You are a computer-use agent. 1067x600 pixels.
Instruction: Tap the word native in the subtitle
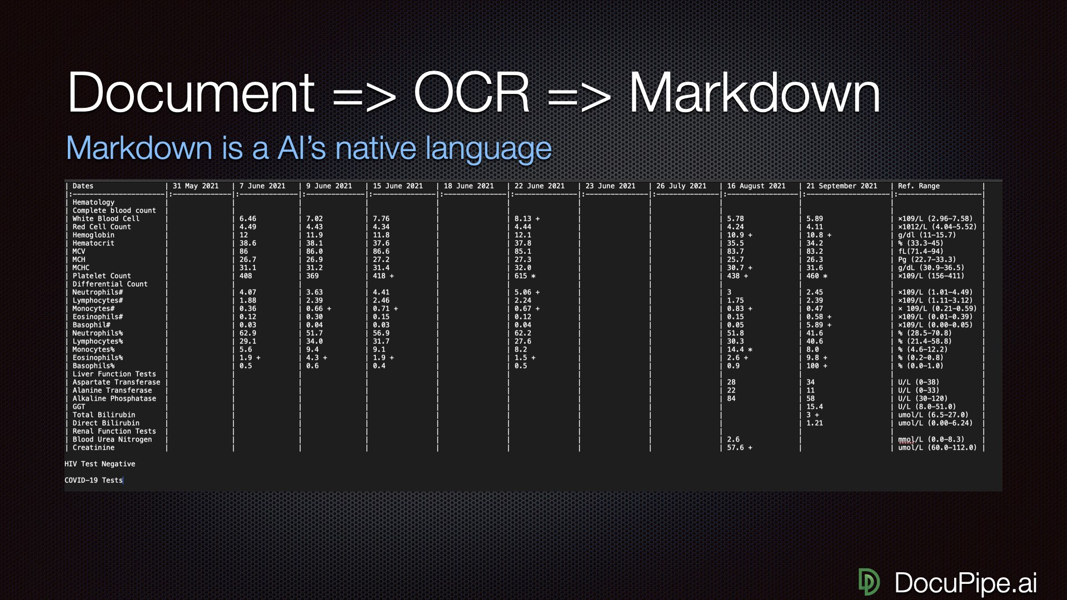(376, 148)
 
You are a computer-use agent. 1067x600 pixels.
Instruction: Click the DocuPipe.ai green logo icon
(869, 582)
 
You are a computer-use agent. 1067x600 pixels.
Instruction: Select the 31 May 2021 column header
(196, 186)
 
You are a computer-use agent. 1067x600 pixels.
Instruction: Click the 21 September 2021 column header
(841, 186)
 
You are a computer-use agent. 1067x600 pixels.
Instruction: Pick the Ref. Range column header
(919, 186)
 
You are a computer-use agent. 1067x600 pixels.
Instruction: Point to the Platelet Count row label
(102, 276)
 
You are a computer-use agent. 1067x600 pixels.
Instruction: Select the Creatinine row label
(93, 448)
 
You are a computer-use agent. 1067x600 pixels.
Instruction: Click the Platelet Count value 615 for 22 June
(521, 276)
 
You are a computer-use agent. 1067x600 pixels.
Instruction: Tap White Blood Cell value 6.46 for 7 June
(247, 219)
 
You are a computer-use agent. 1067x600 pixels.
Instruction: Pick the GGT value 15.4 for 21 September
(815, 407)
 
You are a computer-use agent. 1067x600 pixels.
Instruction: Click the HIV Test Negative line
(100, 464)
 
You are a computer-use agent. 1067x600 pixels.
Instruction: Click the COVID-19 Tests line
(93, 481)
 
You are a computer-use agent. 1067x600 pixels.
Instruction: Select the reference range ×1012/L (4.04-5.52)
(937, 227)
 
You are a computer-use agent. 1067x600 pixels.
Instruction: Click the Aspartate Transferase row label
(116, 382)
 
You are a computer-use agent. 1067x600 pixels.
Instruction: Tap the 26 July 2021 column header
(681, 186)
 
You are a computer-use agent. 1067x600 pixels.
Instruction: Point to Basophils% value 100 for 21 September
(812, 366)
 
